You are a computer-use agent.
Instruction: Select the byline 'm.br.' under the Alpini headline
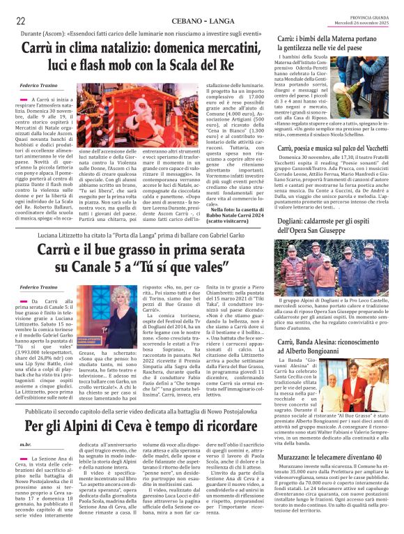[x=26, y=443]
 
